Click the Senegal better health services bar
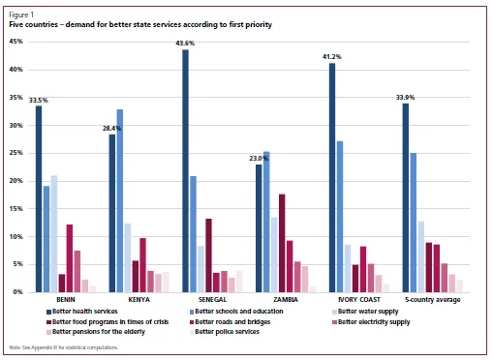(x=185, y=170)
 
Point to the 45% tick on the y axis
(x=15, y=43)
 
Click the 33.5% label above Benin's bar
(x=39, y=100)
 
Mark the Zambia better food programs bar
(x=282, y=243)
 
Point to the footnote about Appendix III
(x=64, y=347)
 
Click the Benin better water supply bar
(x=54, y=233)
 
